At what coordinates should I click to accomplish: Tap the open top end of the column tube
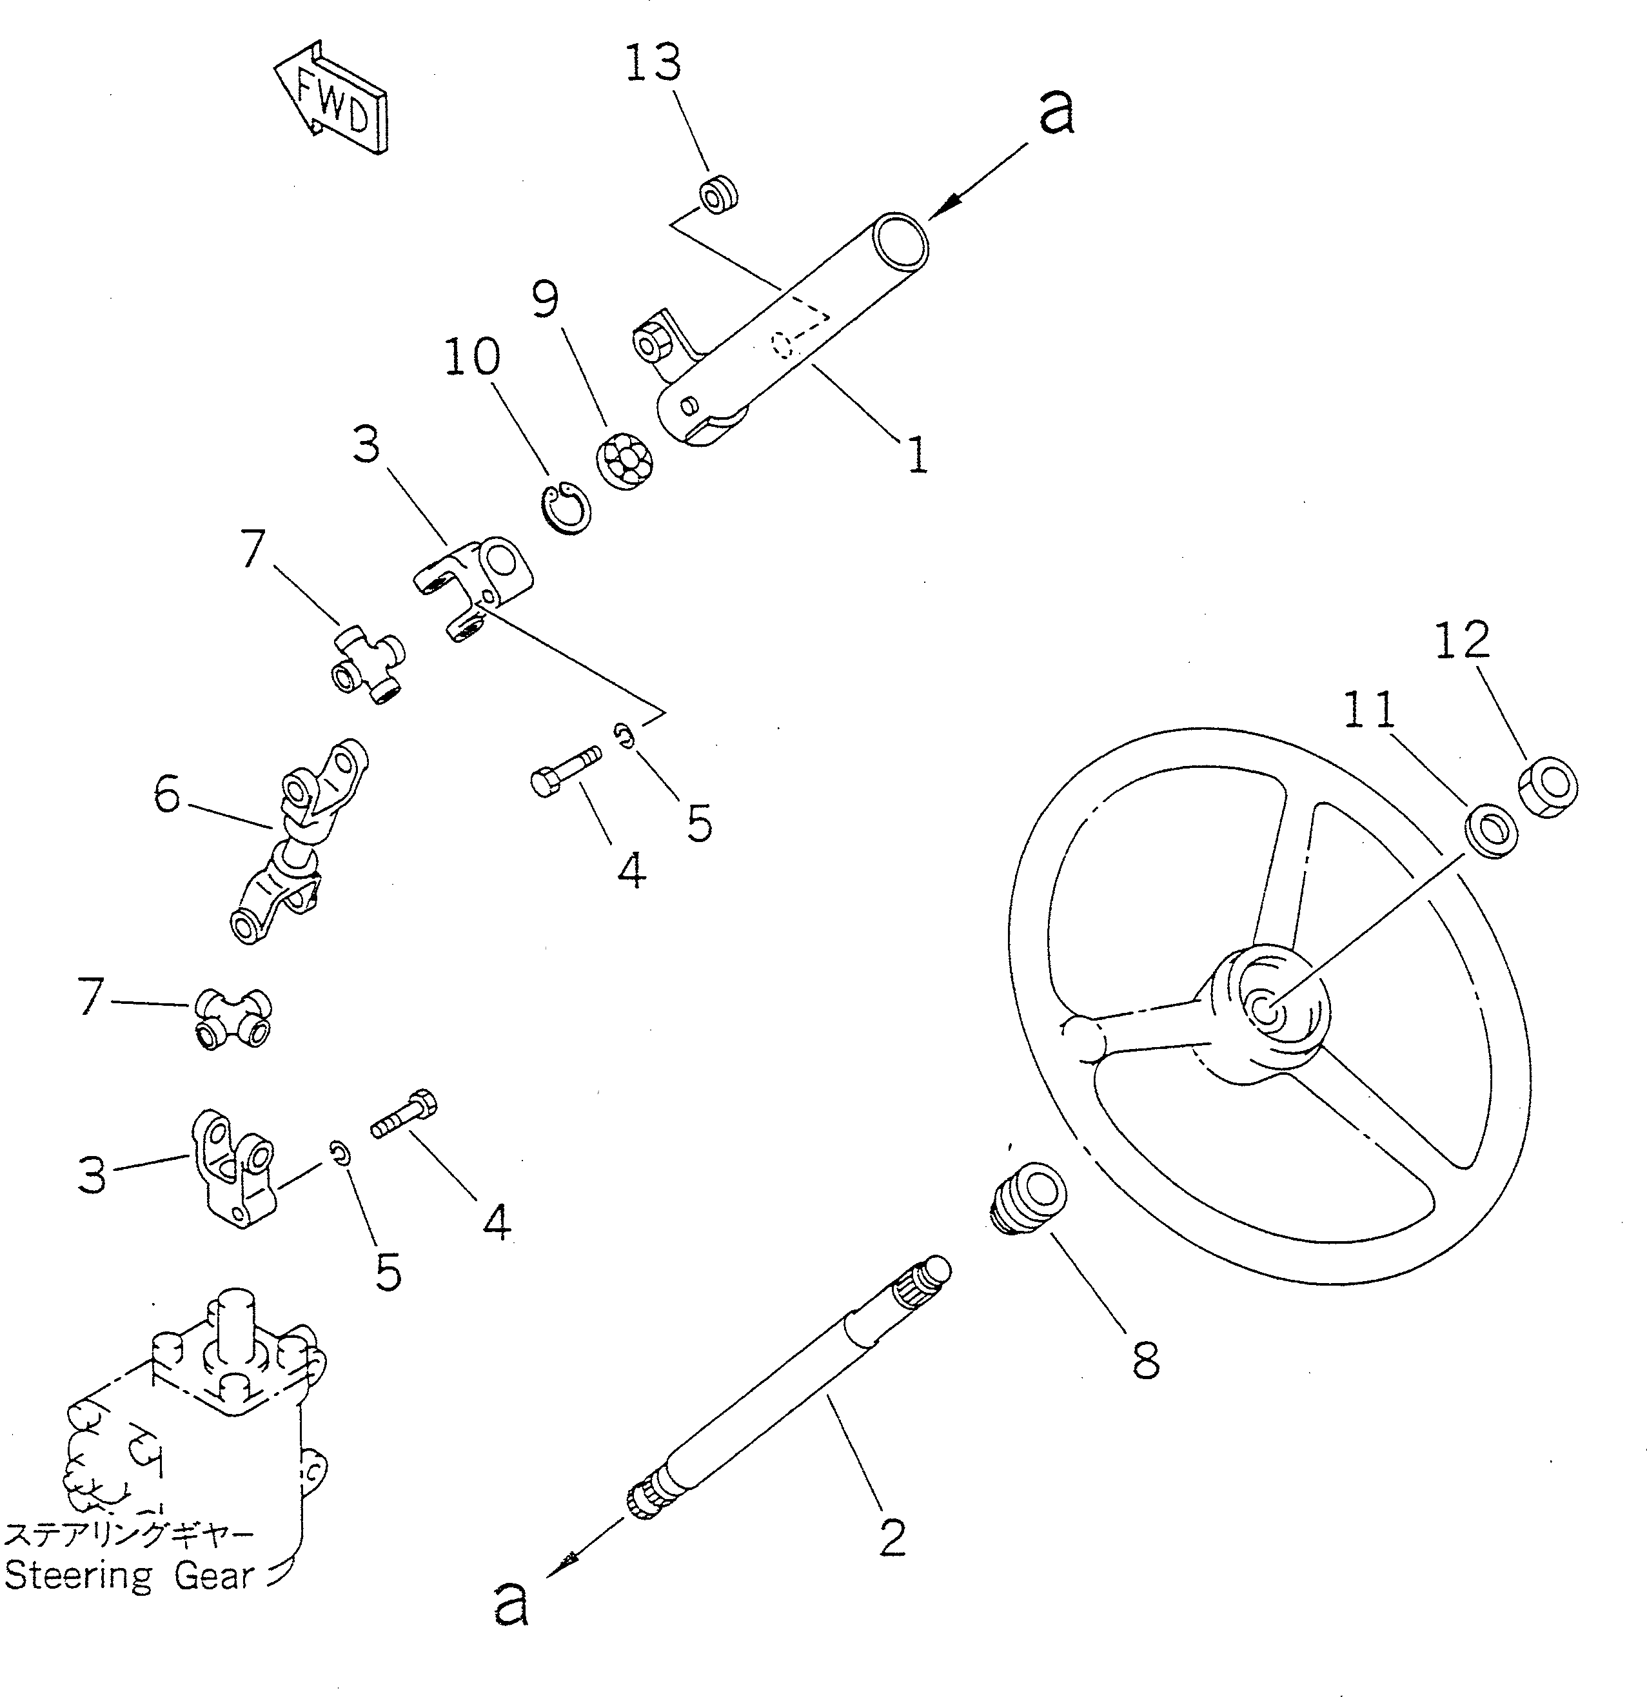tap(901, 238)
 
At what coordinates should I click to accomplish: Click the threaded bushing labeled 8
tap(1028, 1199)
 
